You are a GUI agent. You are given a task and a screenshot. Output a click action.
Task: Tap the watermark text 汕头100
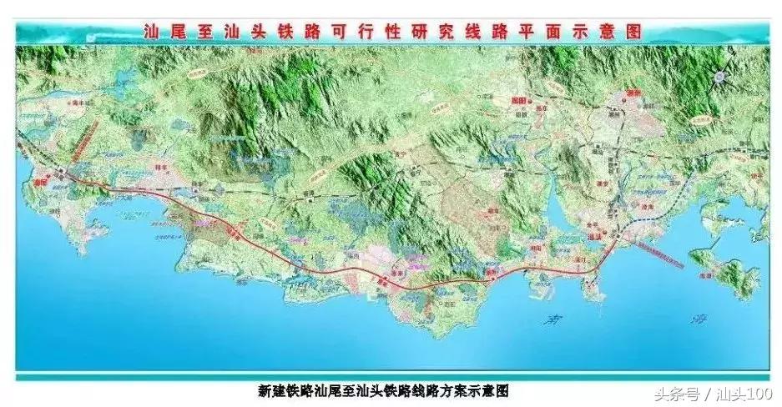pyautogui.click(x=744, y=394)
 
